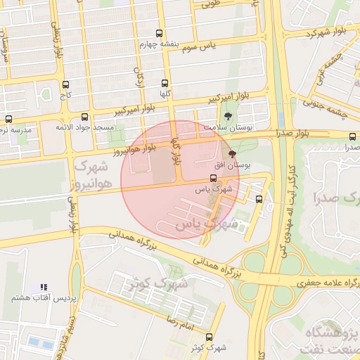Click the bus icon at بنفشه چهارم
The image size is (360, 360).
[x=160, y=33]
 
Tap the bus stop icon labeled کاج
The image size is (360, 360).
[x=66, y=82]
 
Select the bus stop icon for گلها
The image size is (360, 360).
[x=165, y=82]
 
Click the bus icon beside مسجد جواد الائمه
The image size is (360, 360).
[x=85, y=117]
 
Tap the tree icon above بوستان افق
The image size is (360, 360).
[x=232, y=153]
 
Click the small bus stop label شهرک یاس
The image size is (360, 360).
[x=213, y=189]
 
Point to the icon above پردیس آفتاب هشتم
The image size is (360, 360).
[x=44, y=288]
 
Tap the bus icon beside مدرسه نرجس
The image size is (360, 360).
[x=8, y=119]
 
